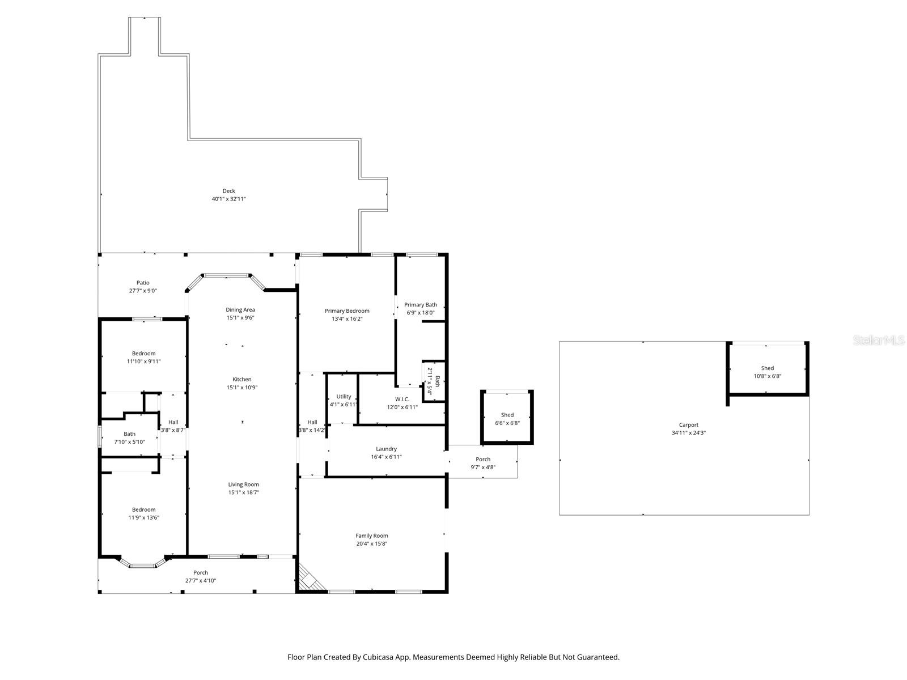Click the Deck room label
228,191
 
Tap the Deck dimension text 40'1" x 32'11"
228,199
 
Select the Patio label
143,283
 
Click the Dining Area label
240,309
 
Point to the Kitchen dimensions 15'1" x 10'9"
242,388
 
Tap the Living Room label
244,484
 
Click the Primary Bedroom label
347,311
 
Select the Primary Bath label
421,305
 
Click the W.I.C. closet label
402,399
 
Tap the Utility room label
344,397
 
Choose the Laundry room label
386,449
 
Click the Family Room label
372,535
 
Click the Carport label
689,425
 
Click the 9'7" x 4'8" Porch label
483,460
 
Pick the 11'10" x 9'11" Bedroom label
143,354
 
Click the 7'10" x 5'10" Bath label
129,434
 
